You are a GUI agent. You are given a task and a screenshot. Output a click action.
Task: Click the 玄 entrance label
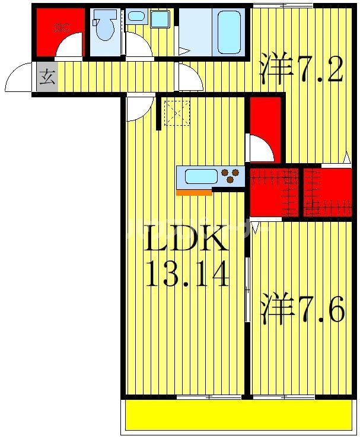click(47, 77)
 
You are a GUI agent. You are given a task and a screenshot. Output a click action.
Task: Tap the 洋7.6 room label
click(301, 310)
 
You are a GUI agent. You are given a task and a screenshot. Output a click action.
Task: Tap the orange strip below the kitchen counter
click(194, 192)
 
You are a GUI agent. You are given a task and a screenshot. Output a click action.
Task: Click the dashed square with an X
click(176, 113)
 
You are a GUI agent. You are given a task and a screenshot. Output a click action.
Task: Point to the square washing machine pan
click(160, 18)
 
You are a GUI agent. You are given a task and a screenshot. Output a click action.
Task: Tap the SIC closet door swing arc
click(69, 46)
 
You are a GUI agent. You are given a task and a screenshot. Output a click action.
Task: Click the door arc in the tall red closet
click(261, 148)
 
